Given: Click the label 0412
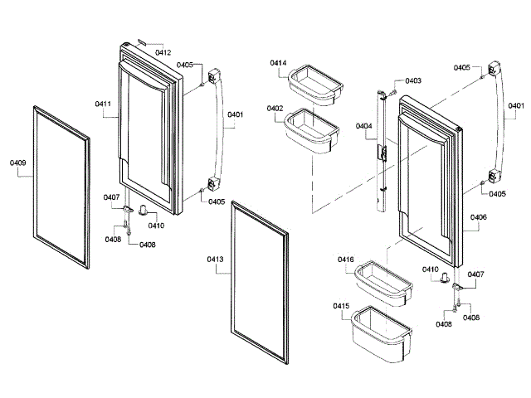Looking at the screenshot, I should point(163,52).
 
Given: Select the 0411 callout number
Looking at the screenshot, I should point(104,104).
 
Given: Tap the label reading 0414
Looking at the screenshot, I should point(278,63).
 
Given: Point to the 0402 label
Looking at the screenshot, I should point(275,109).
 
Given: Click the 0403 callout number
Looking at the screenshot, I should point(413,80).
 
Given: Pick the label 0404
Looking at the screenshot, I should point(364,126).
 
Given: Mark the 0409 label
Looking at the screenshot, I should point(18,163).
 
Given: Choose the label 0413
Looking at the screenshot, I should point(216,260).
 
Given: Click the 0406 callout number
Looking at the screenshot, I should point(478,218).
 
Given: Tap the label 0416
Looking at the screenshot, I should point(346,260).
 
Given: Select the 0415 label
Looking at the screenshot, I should point(341,307).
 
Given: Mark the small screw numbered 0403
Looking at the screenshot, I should point(396,83).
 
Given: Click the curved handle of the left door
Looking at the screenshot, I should point(222,133).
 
